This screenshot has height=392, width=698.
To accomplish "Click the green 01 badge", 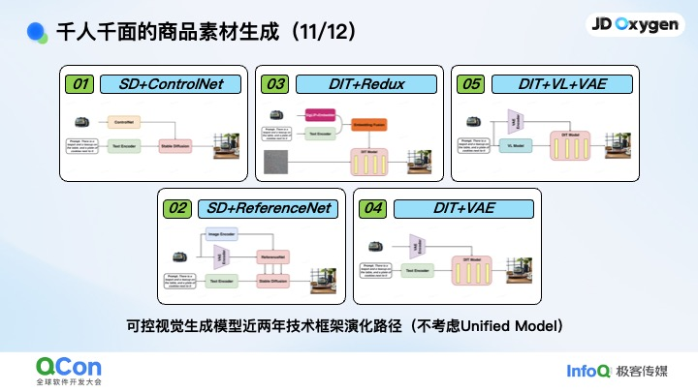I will (81, 84).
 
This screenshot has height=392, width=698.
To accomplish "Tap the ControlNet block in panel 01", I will (124, 123).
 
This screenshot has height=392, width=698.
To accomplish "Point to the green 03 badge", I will (276, 84).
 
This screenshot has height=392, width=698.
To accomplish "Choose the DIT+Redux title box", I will (365, 84).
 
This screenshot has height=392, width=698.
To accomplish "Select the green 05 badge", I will (472, 84).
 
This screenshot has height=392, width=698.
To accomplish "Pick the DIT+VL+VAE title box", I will (561, 84).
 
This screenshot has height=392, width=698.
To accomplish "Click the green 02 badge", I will (178, 207).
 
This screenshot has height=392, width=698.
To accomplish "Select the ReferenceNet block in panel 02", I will (270, 256).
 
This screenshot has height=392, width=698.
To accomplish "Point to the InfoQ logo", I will (588, 371).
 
